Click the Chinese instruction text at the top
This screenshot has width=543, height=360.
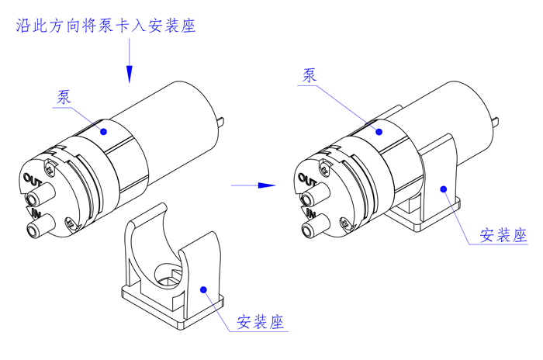[105, 26]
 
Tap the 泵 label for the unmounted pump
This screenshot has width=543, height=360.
[64, 97]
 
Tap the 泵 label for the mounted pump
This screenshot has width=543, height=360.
[309, 75]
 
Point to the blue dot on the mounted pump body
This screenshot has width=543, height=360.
[379, 131]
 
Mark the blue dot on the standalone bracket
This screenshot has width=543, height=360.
[203, 289]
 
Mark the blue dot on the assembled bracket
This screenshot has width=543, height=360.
[442, 187]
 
